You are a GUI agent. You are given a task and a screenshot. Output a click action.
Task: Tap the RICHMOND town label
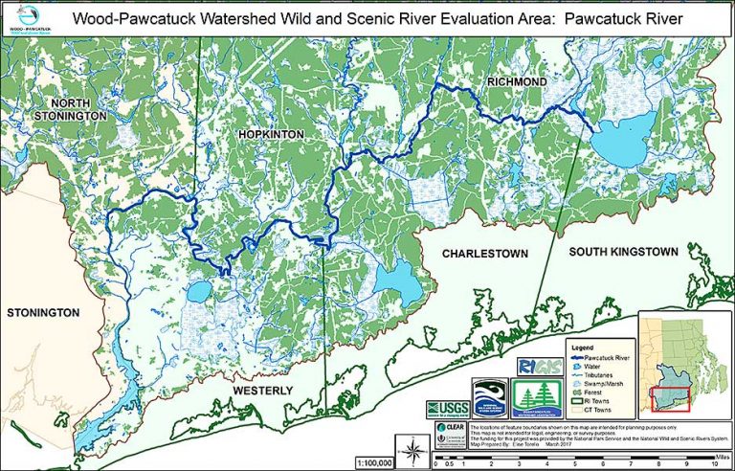point(517,82)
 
